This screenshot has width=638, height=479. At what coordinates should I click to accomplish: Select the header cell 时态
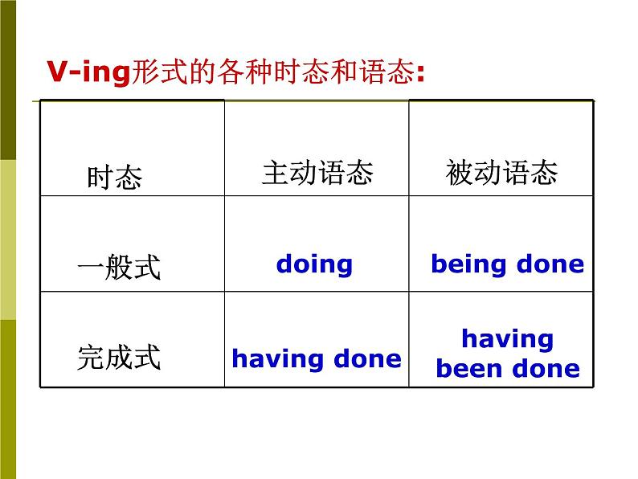114,177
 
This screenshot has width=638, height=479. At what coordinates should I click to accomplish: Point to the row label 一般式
119,267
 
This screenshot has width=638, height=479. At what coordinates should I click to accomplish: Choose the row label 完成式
119,358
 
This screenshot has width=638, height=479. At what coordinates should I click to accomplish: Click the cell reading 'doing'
314,264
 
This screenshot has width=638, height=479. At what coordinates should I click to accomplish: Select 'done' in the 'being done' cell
550,264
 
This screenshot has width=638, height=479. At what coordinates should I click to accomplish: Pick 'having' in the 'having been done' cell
507,339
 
